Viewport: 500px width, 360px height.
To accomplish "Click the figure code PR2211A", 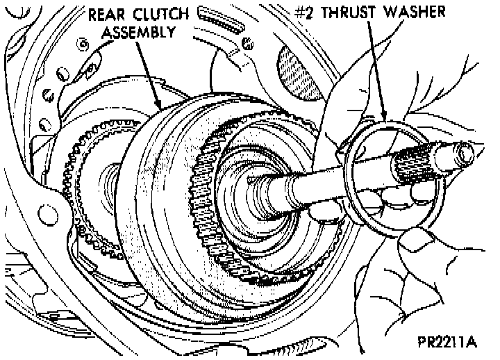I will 449,343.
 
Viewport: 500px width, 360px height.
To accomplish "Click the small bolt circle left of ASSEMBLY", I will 82,45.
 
